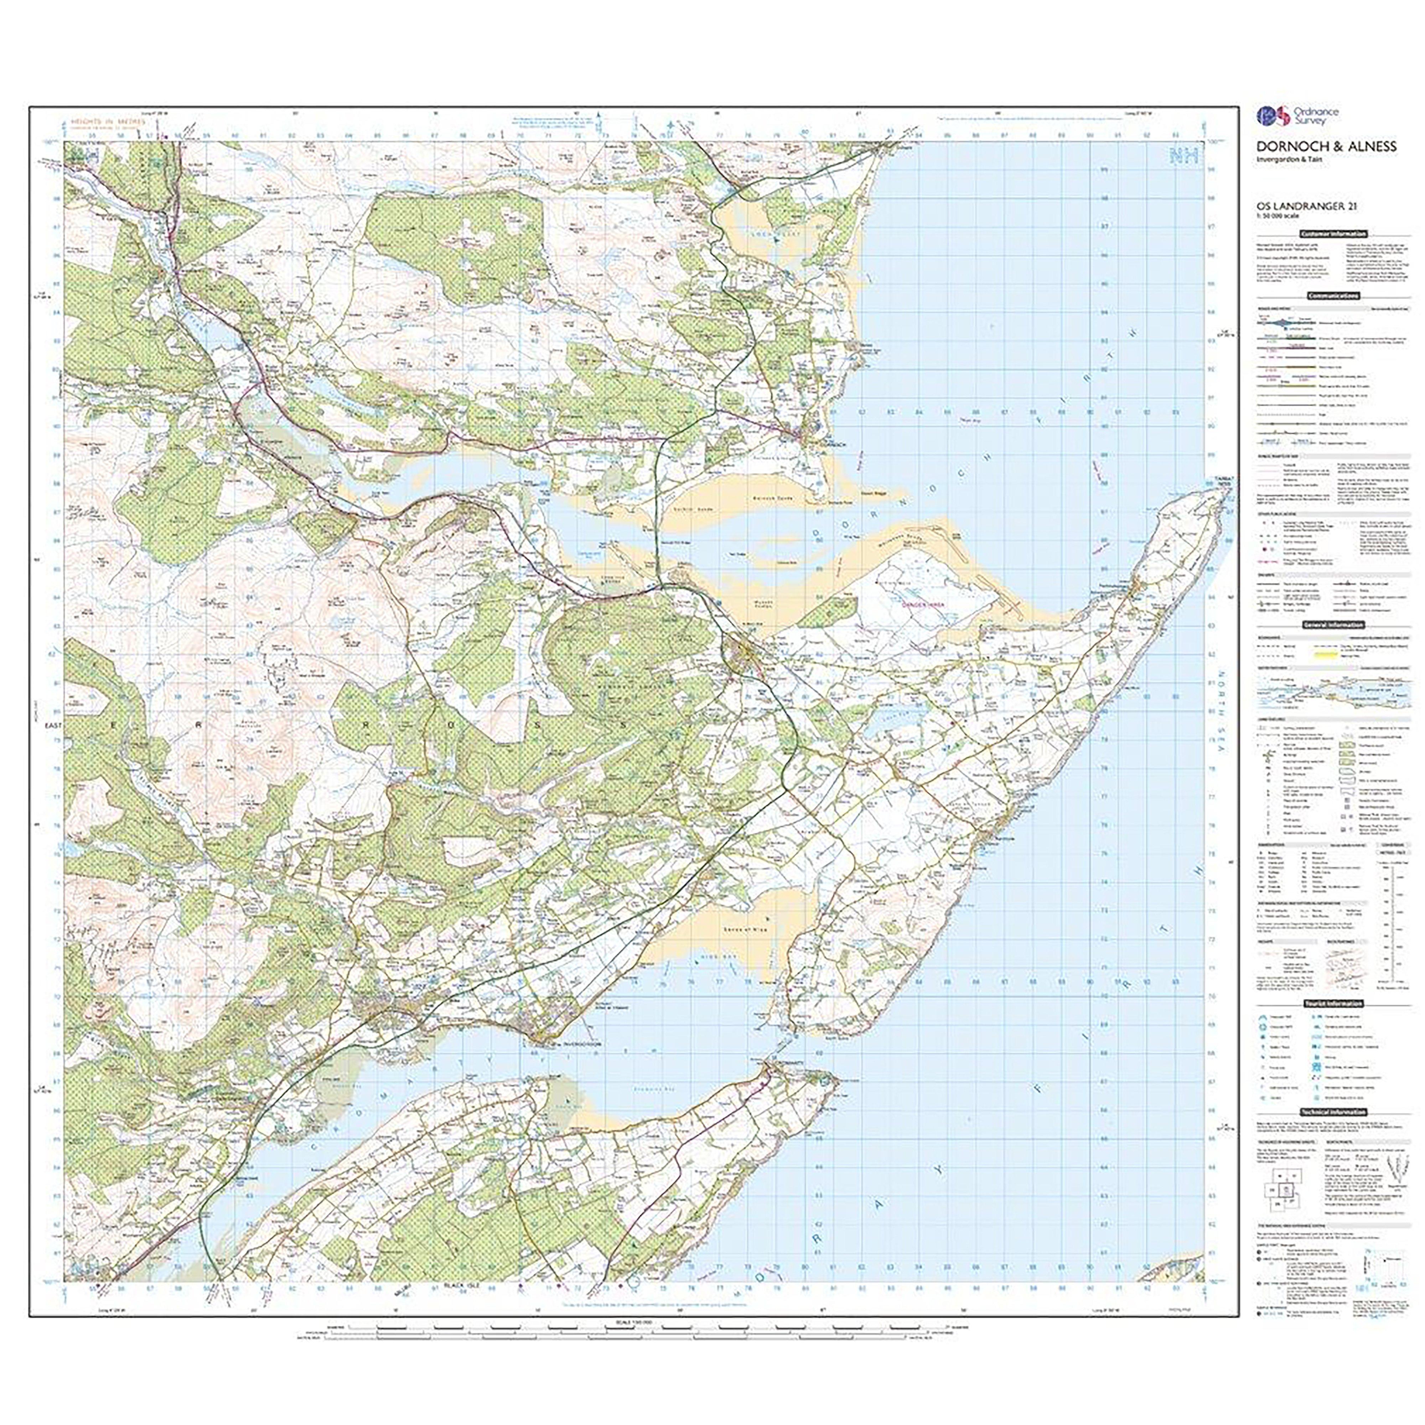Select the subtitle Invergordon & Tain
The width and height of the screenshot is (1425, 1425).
point(1283,161)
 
